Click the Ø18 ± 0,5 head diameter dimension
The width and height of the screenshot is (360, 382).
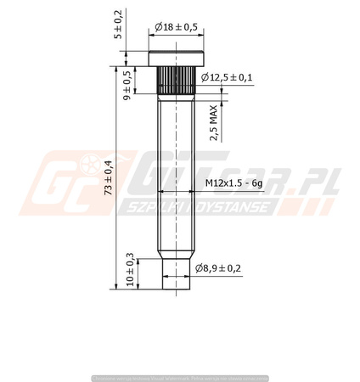176,27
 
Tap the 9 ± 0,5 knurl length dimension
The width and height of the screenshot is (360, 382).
127,85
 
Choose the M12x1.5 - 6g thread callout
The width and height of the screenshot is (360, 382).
235,183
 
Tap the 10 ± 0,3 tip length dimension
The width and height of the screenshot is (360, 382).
130,271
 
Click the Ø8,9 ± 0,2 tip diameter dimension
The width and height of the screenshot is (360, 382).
218,268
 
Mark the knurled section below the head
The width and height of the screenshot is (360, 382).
176,81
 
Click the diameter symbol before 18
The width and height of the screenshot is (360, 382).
160,27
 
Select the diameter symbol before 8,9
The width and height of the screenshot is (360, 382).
199,268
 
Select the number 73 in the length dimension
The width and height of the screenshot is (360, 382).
108,193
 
